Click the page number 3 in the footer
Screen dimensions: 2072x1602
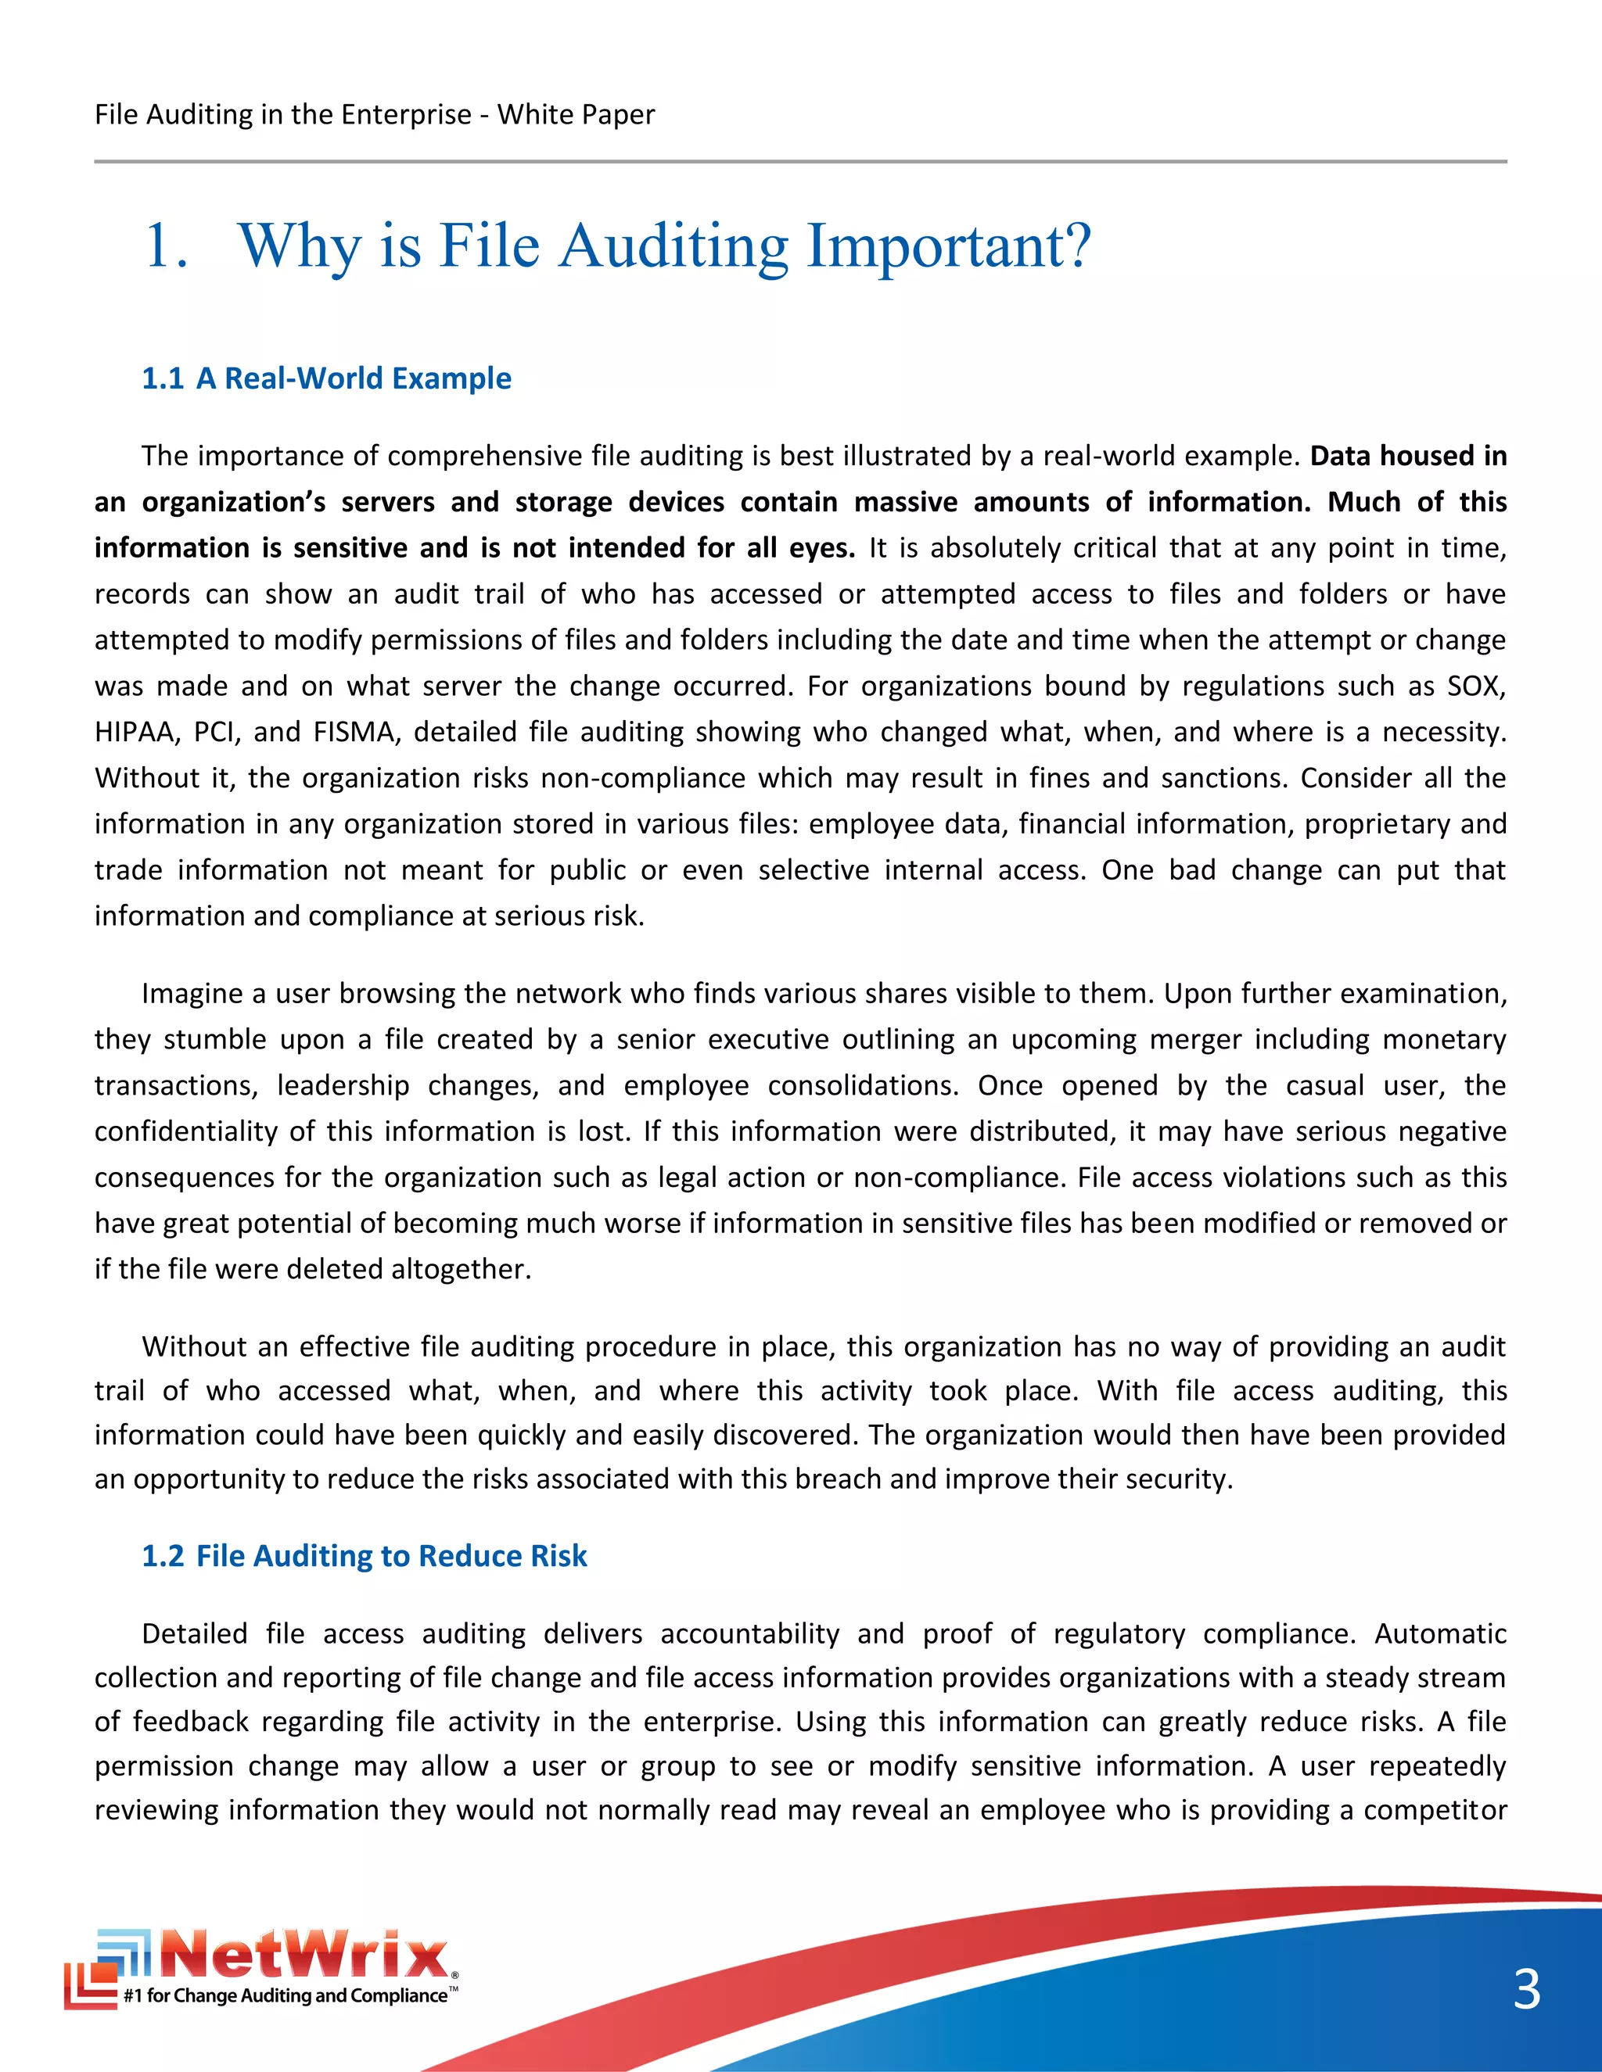point(1526,1989)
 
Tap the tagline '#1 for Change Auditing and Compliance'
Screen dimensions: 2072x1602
point(285,1995)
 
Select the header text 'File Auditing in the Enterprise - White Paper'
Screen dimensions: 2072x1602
point(374,115)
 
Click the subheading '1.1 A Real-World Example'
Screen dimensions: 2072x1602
point(326,378)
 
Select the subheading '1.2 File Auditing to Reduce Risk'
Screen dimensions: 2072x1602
point(365,1556)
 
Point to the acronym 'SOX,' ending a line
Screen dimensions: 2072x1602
point(1477,686)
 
